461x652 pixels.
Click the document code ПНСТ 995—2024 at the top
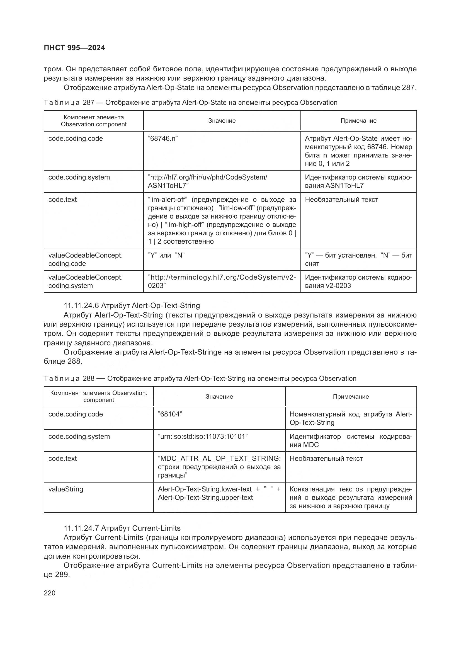pos(74,48)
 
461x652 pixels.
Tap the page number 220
pos(50,593)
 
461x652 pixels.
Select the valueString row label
pos(66,489)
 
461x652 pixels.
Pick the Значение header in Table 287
pos(222,121)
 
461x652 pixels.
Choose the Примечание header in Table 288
pos(351,396)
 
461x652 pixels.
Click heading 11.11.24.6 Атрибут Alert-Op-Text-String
pos(132,306)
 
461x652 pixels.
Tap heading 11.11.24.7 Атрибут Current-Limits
pos(122,528)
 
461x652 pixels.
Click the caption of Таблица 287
pos(190,103)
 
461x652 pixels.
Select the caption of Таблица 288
pos(200,379)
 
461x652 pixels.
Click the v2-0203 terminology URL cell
pos(222,281)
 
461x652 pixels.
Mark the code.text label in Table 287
pos(62,199)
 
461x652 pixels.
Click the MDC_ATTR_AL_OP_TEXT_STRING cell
pos(219,467)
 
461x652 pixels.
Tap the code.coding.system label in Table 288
pos(79,436)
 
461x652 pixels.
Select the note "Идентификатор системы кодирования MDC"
pos(351,440)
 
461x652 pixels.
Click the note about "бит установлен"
pos(358,259)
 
